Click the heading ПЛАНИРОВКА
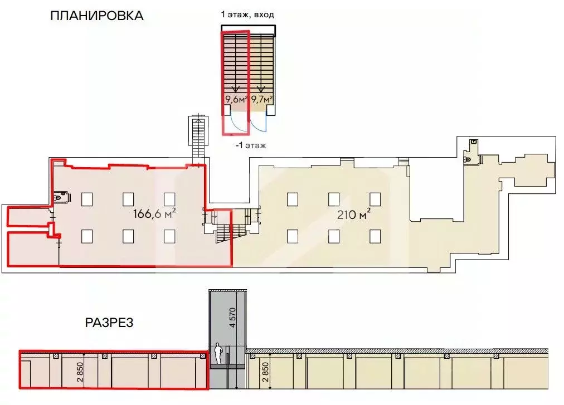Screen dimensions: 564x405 coord(97,16)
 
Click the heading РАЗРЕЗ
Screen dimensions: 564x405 coord(109,323)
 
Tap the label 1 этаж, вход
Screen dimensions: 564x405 coord(247,14)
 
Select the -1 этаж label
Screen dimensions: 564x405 coord(251,145)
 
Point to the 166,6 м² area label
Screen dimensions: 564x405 coord(154,214)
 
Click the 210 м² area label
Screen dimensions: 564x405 coord(353,214)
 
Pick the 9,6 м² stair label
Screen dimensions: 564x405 coord(236,100)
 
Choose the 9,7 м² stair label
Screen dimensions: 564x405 coord(261,100)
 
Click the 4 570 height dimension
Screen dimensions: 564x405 coord(233,317)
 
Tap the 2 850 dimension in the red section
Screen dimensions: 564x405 coord(80,372)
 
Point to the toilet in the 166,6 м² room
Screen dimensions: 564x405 coord(59,197)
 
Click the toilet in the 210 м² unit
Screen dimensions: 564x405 coord(468,159)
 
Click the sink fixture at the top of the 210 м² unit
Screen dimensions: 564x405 coord(474,142)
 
